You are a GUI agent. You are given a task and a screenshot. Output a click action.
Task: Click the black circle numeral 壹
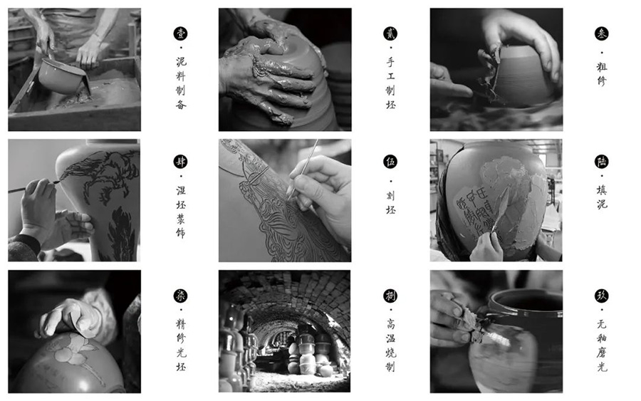coord(180,33)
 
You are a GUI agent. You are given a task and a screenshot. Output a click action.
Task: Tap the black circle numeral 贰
coord(390,33)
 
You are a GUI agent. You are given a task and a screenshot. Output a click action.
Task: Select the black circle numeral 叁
coord(601,33)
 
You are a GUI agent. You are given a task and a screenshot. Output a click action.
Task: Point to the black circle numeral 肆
coord(180,162)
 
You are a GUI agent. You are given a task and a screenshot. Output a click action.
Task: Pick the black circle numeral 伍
coord(390,162)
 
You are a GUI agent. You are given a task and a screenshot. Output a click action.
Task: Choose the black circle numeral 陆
coord(601,162)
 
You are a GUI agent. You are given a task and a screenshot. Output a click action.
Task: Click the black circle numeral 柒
coord(180,296)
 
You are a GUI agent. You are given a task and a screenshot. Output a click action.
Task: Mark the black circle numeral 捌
coord(390,296)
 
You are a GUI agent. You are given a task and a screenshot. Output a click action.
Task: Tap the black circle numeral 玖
coord(601,296)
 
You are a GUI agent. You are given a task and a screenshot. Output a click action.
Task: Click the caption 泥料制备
coord(181,83)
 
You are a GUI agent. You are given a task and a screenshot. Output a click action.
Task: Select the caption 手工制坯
coord(391,83)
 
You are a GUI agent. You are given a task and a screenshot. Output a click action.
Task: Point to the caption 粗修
coord(601,73)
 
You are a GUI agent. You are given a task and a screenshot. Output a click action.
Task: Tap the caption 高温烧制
coord(391,345)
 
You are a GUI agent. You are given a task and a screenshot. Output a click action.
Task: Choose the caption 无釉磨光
coord(601,345)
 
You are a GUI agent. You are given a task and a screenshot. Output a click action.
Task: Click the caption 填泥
coord(601,197)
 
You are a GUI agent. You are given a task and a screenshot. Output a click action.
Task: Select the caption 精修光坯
coord(181,345)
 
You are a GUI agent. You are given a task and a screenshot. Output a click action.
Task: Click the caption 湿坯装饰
coord(181,212)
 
